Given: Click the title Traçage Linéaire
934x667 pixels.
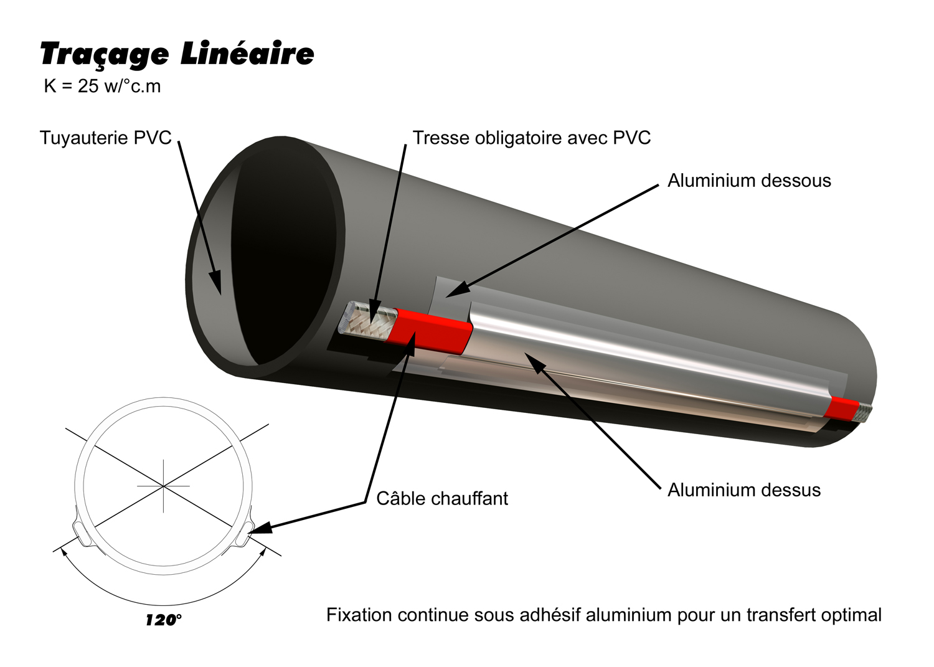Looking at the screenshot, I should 177,55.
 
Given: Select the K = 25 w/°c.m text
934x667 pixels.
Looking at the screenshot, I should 102,86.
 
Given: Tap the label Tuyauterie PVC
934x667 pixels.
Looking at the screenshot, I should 105,138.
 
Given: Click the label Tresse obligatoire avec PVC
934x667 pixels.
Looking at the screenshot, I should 531,138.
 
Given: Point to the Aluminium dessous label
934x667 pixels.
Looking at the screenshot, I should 749,181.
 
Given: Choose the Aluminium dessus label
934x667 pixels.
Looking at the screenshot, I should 743,490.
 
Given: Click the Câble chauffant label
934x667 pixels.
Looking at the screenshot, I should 442,498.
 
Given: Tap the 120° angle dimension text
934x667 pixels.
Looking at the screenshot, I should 164,620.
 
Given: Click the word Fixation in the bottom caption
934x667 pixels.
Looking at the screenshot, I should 359,615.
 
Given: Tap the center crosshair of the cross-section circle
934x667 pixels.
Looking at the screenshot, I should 163,485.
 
